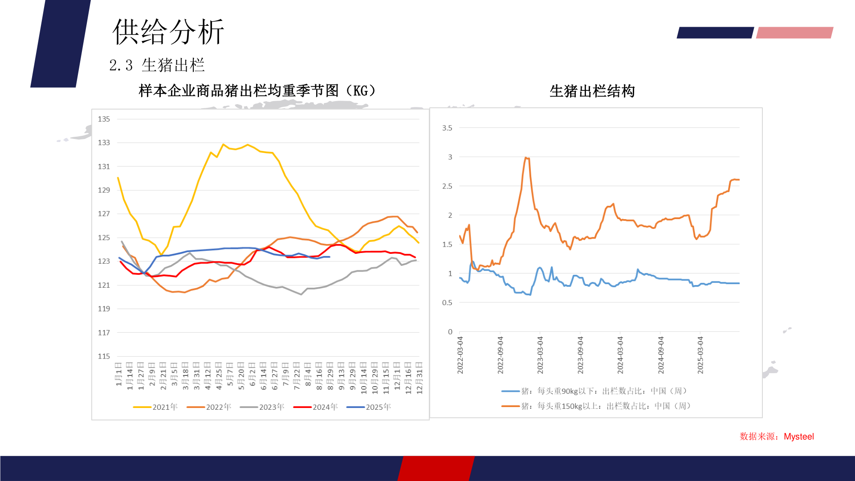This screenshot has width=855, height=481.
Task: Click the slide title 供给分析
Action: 168,32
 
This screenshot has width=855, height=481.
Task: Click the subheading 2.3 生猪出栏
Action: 157,65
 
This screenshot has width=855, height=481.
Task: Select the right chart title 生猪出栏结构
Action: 592,91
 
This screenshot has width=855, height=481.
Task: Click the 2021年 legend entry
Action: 155,407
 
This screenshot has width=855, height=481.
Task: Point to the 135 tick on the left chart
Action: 104,119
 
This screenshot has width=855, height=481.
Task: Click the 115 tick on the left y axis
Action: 104,356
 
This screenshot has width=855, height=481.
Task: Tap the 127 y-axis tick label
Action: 104,214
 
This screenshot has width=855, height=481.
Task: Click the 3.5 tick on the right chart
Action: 447,128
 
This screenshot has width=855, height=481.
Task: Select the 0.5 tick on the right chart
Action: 447,303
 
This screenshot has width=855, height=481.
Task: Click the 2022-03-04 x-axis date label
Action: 460,355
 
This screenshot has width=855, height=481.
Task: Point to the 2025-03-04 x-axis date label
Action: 700,355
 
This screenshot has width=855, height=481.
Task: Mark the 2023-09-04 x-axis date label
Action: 580,355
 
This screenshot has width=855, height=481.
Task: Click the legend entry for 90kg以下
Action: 594,391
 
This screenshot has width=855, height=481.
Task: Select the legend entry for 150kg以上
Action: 596,406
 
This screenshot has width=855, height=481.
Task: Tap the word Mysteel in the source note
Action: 798,436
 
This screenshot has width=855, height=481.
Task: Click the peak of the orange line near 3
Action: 526,158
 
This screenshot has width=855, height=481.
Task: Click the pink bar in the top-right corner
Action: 794,33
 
